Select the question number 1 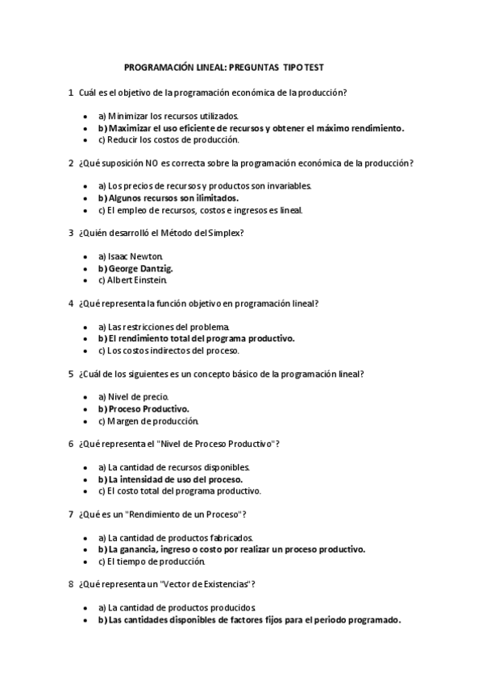[71, 93]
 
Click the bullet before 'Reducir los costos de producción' [86, 139]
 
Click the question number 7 [71, 515]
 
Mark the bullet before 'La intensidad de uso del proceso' [86, 479]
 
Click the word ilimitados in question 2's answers [216, 198]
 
